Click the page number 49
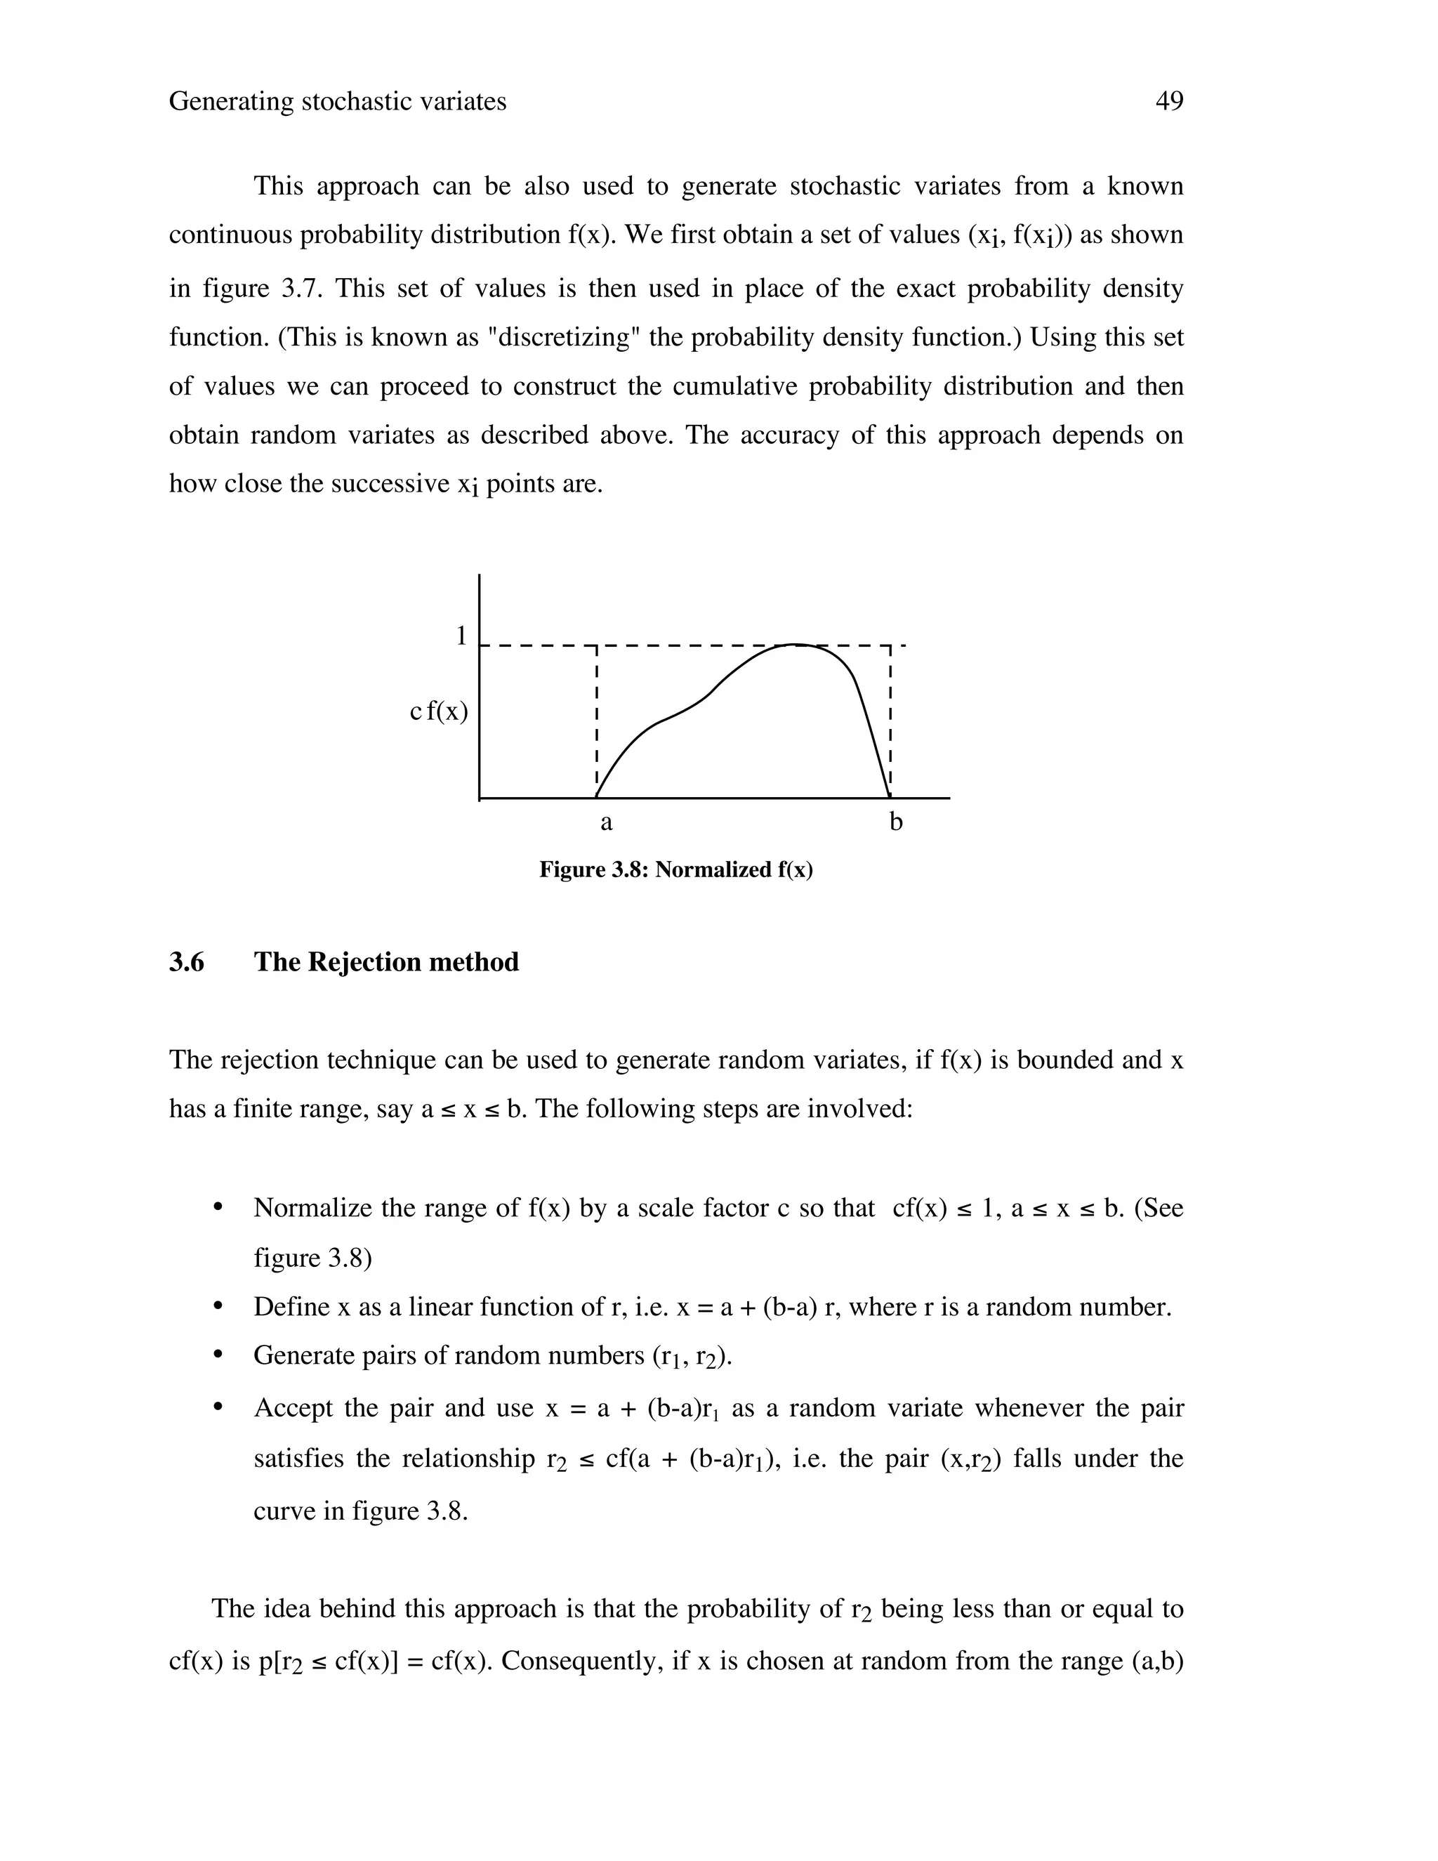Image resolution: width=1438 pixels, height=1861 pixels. click(x=1169, y=101)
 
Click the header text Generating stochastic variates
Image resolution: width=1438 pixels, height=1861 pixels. click(x=337, y=101)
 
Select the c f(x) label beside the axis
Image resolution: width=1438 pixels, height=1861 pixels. click(x=439, y=711)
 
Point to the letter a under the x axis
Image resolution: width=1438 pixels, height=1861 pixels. click(x=606, y=822)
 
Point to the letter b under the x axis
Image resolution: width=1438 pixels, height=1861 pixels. click(x=895, y=822)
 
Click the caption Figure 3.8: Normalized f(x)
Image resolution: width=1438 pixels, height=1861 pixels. click(x=675, y=870)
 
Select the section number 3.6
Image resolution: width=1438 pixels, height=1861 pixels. click(x=187, y=962)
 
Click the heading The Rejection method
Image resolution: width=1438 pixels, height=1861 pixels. click(x=386, y=962)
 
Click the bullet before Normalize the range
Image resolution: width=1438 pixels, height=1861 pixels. click(x=218, y=1209)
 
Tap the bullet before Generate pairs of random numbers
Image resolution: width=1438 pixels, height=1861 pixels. click(x=218, y=1355)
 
